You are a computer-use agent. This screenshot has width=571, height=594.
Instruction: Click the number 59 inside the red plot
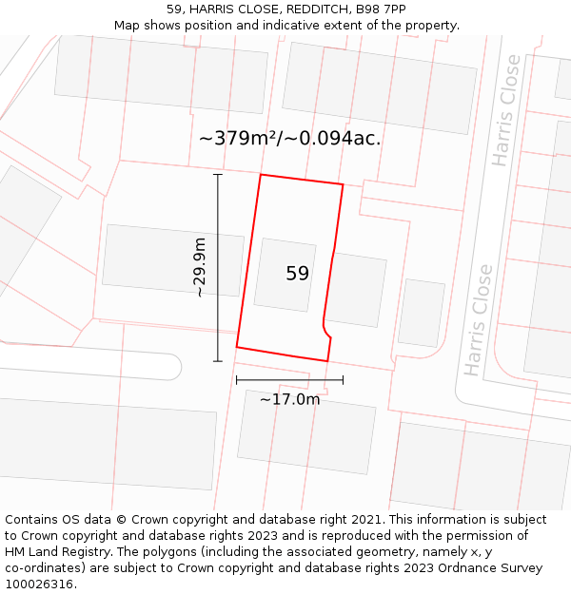[x=297, y=274]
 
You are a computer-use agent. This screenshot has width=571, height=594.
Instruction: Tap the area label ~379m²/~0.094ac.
[x=289, y=138]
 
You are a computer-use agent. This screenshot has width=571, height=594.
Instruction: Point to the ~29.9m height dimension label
[x=199, y=268]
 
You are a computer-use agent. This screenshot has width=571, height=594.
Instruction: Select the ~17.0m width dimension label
[x=289, y=399]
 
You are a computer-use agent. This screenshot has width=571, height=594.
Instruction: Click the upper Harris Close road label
[x=507, y=110]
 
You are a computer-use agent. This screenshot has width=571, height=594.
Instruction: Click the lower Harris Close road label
[x=479, y=319]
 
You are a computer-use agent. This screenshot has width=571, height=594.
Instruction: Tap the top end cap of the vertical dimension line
[x=218, y=175]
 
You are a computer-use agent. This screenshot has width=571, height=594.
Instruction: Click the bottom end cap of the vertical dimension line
[x=218, y=361]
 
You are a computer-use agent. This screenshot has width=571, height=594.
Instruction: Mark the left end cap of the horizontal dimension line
[x=237, y=380]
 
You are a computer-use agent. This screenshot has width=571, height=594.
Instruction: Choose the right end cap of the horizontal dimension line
[x=343, y=380]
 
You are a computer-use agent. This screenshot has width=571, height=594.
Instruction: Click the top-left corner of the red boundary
[x=261, y=175]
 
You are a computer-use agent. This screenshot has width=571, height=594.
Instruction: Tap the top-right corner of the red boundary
[x=343, y=184]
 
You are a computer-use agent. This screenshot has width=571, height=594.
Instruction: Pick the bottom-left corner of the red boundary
[x=237, y=347]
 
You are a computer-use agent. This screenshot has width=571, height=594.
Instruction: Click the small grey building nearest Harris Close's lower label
[x=422, y=313]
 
